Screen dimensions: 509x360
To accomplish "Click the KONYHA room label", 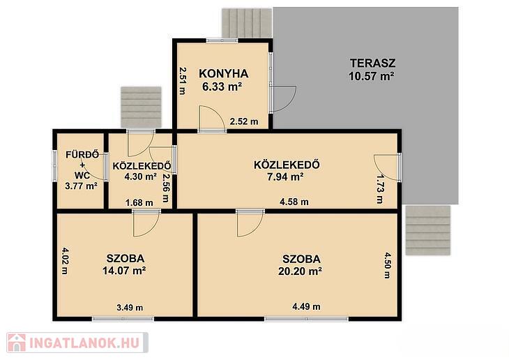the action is [x=224, y=74].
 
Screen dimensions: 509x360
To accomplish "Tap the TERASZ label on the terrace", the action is [x=372, y=63].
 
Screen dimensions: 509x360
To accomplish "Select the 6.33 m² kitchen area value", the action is [x=222, y=87].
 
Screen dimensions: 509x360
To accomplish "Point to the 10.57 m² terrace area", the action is [x=372, y=76].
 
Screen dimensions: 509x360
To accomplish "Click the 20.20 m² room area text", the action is [x=300, y=271].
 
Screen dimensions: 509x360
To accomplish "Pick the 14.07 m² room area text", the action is [x=123, y=270].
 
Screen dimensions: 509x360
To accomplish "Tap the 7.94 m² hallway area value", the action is [x=285, y=177].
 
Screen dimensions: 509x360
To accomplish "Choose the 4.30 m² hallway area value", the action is [x=141, y=177].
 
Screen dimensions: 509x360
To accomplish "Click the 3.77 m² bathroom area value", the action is [x=81, y=186].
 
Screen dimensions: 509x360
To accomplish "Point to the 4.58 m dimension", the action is [x=294, y=202].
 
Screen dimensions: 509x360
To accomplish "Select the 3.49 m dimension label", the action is [x=130, y=308].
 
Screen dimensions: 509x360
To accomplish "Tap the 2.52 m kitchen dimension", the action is [x=244, y=121].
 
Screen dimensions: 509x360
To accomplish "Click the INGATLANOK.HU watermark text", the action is [x=84, y=343].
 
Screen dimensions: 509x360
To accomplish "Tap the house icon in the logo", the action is [x=17, y=343].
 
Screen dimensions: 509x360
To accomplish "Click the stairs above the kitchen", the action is [x=247, y=23].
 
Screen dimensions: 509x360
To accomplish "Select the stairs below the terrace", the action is [x=428, y=230].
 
